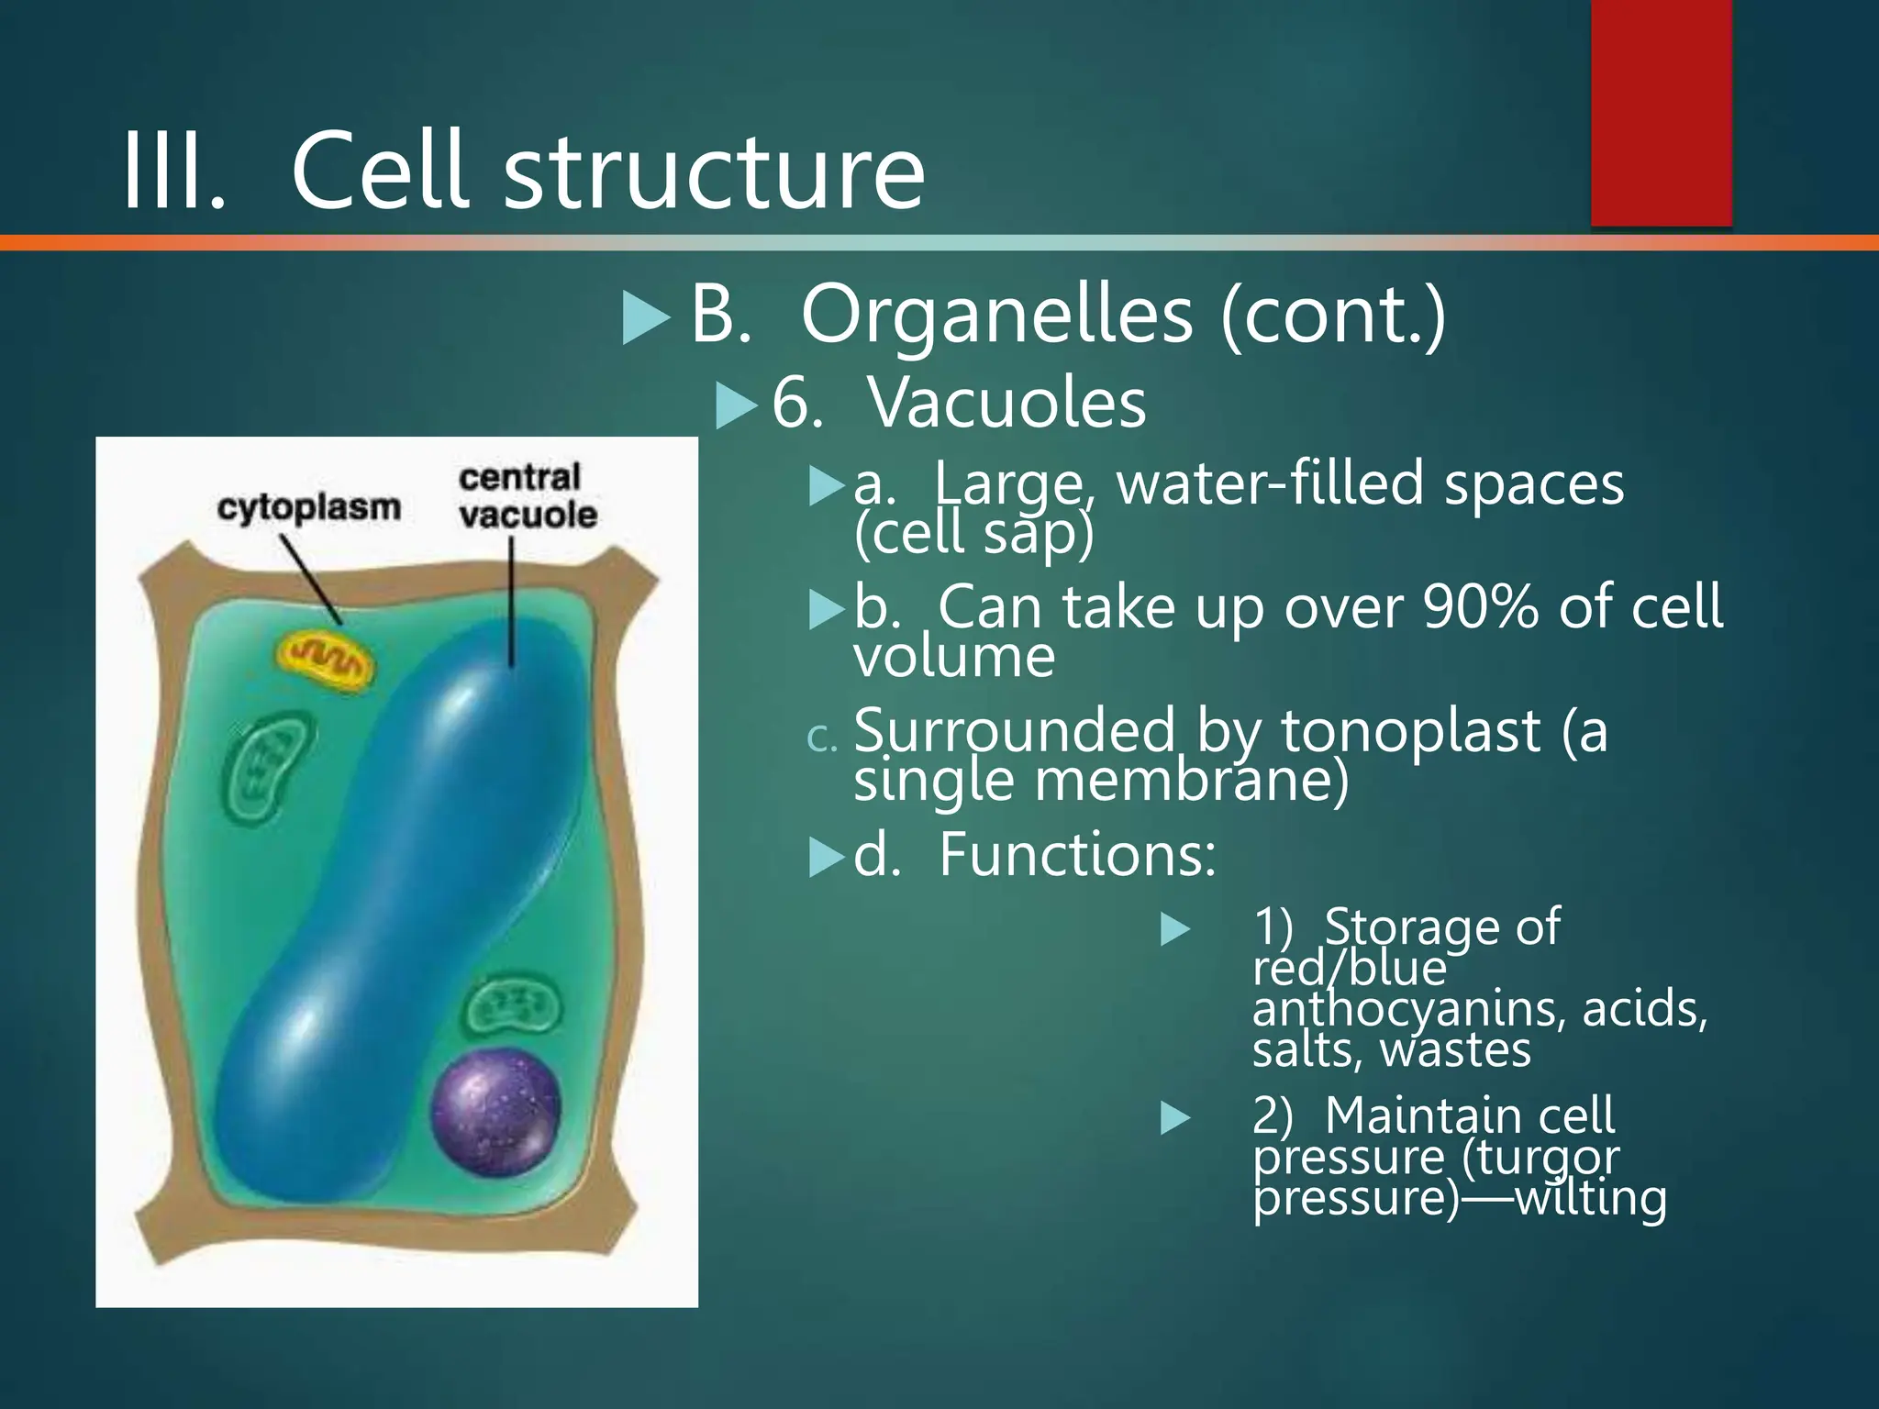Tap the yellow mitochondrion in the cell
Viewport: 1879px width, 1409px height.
pyautogui.click(x=327, y=657)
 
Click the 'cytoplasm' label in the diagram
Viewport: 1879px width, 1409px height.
pyautogui.click(x=309, y=507)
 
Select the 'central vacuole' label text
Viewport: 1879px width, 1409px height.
pyautogui.click(x=527, y=496)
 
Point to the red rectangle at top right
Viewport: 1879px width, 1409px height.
pyautogui.click(x=1661, y=112)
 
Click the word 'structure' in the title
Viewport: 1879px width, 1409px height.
pyautogui.click(x=714, y=172)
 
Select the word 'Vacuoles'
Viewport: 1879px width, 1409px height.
pyautogui.click(x=1006, y=403)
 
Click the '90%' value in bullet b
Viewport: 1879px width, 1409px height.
pyautogui.click(x=1480, y=607)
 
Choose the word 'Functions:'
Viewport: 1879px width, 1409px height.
pyautogui.click(x=1077, y=855)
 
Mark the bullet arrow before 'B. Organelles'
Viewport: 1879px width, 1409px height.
pyautogui.click(x=646, y=317)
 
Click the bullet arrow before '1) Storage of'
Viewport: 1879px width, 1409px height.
pyautogui.click(x=1175, y=929)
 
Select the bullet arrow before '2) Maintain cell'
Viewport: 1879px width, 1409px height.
pyautogui.click(x=1175, y=1118)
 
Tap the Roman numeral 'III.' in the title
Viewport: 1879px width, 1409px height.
pyautogui.click(x=173, y=172)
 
